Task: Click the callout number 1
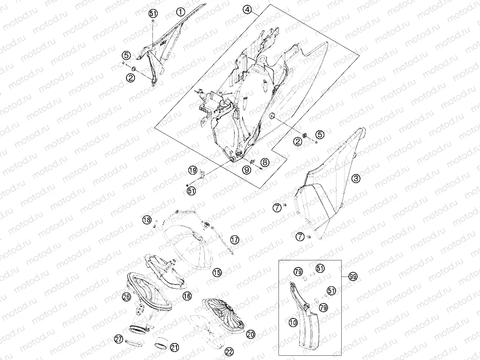181,12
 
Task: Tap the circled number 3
355,178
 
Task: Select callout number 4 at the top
247,9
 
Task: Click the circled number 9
247,170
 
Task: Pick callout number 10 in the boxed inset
293,322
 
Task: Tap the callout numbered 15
218,272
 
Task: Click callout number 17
235,240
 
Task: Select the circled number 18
147,219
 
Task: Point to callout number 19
193,170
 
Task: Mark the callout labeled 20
251,335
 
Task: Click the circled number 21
174,347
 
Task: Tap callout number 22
229,352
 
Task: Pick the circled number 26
126,296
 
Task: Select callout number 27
119,339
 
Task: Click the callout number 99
353,277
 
